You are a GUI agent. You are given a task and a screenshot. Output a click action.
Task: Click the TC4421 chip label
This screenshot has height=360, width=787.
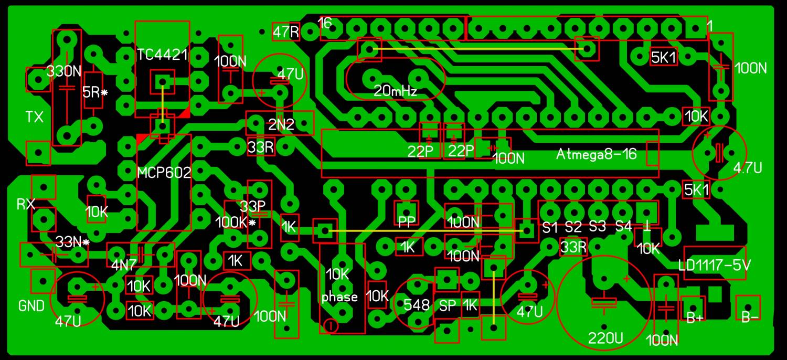coord(162,55)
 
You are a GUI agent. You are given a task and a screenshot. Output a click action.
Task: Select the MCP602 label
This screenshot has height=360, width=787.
coord(164,172)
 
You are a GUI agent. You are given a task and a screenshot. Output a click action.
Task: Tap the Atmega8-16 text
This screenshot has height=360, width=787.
coord(596,154)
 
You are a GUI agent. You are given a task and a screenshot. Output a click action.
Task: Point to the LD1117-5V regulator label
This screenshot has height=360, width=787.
coord(714,264)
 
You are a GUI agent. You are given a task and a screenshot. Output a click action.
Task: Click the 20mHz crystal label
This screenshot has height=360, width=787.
coord(395,91)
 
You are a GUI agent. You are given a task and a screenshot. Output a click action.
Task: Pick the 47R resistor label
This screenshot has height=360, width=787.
coord(286,32)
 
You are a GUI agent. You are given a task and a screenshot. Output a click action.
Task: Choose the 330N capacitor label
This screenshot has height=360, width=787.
coord(64,71)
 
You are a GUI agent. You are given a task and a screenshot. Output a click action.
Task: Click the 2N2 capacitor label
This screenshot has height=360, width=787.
coord(281,124)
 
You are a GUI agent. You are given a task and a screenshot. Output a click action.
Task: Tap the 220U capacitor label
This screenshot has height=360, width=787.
coord(605,338)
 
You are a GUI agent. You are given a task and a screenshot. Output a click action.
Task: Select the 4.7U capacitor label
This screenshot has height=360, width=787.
coord(748,168)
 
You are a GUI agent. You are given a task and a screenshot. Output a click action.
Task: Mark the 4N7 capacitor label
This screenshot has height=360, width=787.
coord(124,265)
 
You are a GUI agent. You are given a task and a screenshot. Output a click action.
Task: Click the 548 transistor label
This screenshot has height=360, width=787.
coord(417,305)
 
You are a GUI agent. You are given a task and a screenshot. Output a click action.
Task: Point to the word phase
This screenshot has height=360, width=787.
coord(339,298)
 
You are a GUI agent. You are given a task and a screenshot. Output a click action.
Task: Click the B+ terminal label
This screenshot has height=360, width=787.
coord(695,318)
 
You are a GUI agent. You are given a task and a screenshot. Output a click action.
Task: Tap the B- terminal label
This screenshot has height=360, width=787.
coord(750,317)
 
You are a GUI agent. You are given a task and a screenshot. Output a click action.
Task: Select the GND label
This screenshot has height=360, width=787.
coord(31,306)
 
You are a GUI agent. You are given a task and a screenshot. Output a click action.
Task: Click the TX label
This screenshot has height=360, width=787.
coord(35,117)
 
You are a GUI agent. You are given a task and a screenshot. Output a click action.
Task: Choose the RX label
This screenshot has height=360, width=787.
coord(26,204)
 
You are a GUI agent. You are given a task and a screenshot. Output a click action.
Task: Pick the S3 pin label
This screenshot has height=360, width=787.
coord(597,227)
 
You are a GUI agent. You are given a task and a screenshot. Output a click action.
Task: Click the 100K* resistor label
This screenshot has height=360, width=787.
coord(235,222)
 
